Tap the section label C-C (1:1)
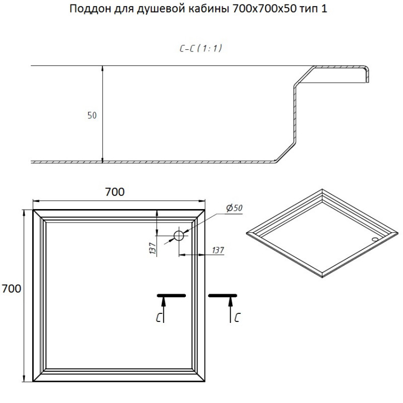click(x=200, y=48)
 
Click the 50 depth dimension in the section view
click(x=92, y=115)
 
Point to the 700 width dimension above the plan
click(x=115, y=192)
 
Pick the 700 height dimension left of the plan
click(x=11, y=289)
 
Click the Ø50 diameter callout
click(x=234, y=208)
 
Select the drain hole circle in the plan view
click(x=179, y=235)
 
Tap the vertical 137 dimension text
click(x=153, y=248)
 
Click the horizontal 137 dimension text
click(x=218, y=250)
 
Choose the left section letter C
click(x=159, y=317)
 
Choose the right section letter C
click(x=237, y=317)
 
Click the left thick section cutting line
click(x=171, y=296)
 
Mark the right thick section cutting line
click(x=223, y=296)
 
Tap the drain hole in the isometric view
click(x=375, y=239)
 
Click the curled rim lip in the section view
click(x=367, y=74)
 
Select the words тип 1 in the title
click(x=313, y=9)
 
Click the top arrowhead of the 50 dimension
click(x=102, y=68)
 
